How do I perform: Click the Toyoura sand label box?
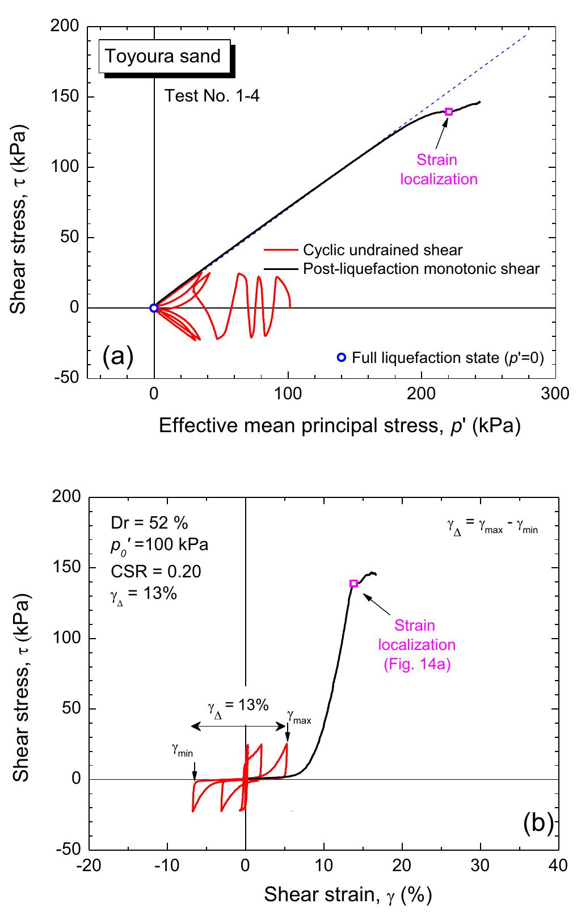pos(164,56)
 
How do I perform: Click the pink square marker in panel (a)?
pos(449,112)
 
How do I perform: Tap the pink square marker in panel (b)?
pos(354,584)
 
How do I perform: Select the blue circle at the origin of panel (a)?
pos(154,308)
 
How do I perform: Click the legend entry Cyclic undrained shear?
pos(382,250)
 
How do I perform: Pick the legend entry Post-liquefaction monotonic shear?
pos(421,268)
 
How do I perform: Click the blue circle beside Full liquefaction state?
pos(341,357)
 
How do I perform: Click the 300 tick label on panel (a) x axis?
pos(555,394)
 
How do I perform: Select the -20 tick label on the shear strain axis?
pos(89,865)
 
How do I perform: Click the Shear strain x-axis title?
pos(348,894)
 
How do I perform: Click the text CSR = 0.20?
pos(157,571)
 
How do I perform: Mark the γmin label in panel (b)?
pos(182,750)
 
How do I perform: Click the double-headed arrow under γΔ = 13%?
pos(238,726)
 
